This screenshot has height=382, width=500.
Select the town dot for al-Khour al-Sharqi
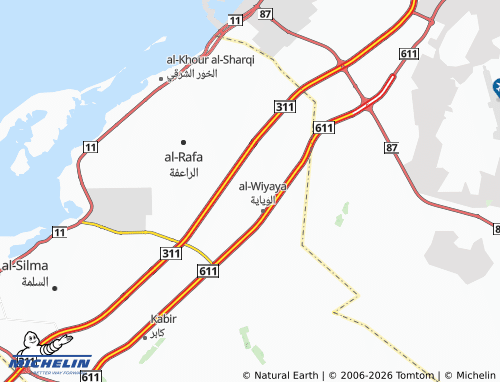point(161,78)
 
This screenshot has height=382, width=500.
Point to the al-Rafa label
point(182,157)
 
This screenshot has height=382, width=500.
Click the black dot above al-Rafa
point(183,142)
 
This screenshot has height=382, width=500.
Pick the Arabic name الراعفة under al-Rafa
point(182,172)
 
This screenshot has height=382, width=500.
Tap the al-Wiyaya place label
point(263,185)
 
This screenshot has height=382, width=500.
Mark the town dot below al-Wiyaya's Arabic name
point(262,209)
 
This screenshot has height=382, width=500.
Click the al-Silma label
point(21,266)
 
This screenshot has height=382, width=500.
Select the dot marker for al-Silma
point(55,288)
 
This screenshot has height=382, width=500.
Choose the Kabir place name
point(163,319)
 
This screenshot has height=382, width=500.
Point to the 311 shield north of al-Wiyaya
point(284,105)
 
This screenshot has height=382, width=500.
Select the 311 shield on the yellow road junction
point(171,256)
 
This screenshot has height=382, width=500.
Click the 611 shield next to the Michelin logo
point(91,376)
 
